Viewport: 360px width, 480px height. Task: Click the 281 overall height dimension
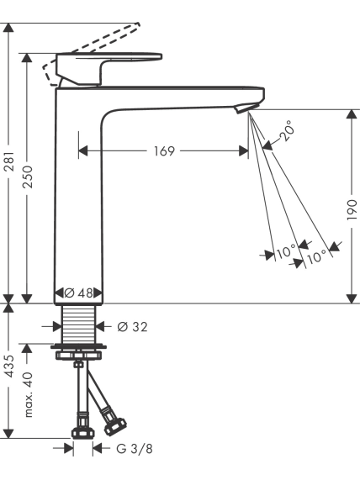tap(9, 161)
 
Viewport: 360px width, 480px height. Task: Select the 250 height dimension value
tap(27, 177)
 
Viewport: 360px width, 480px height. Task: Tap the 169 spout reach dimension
tap(164, 151)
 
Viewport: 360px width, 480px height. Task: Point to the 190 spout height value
tap(352, 209)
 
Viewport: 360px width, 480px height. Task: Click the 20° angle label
tap(288, 130)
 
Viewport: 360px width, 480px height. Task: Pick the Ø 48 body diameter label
tap(78, 293)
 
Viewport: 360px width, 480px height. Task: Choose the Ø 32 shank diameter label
tap(132, 327)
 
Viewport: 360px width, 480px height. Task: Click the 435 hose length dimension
tap(9, 367)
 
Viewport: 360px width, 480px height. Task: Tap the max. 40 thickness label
tap(28, 394)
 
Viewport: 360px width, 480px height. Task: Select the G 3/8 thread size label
tap(135, 449)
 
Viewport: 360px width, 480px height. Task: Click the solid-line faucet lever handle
tap(109, 68)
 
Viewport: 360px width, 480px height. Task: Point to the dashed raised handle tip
tap(137, 26)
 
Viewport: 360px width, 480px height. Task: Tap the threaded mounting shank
tap(79, 324)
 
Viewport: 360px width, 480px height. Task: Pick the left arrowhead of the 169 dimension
tap(83, 151)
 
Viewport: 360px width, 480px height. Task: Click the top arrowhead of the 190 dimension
tap(352, 114)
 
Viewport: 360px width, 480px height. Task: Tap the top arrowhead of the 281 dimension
tap(8, 28)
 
